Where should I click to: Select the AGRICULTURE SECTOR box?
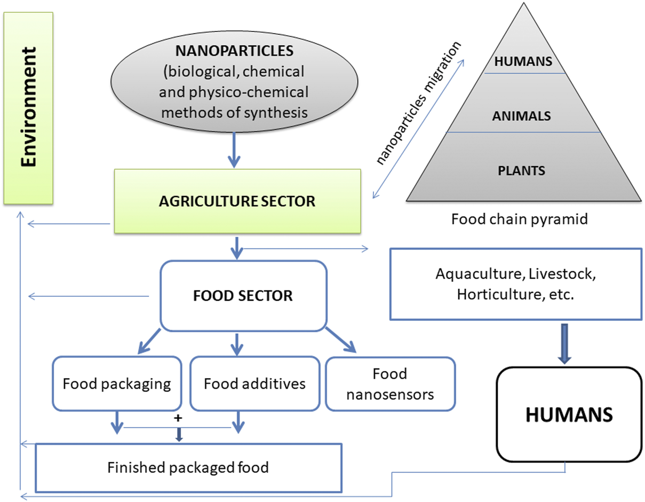[x=237, y=201]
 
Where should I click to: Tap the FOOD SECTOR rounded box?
[x=243, y=296]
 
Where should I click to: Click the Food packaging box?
[x=117, y=383]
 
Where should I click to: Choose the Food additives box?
[x=255, y=383]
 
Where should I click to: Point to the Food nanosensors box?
[x=390, y=383]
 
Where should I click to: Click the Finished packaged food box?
[x=188, y=468]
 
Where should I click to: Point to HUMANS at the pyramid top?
[x=522, y=61]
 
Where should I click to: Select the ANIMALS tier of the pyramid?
[x=522, y=115]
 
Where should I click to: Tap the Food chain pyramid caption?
[x=519, y=218]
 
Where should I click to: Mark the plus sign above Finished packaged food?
[x=178, y=419]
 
